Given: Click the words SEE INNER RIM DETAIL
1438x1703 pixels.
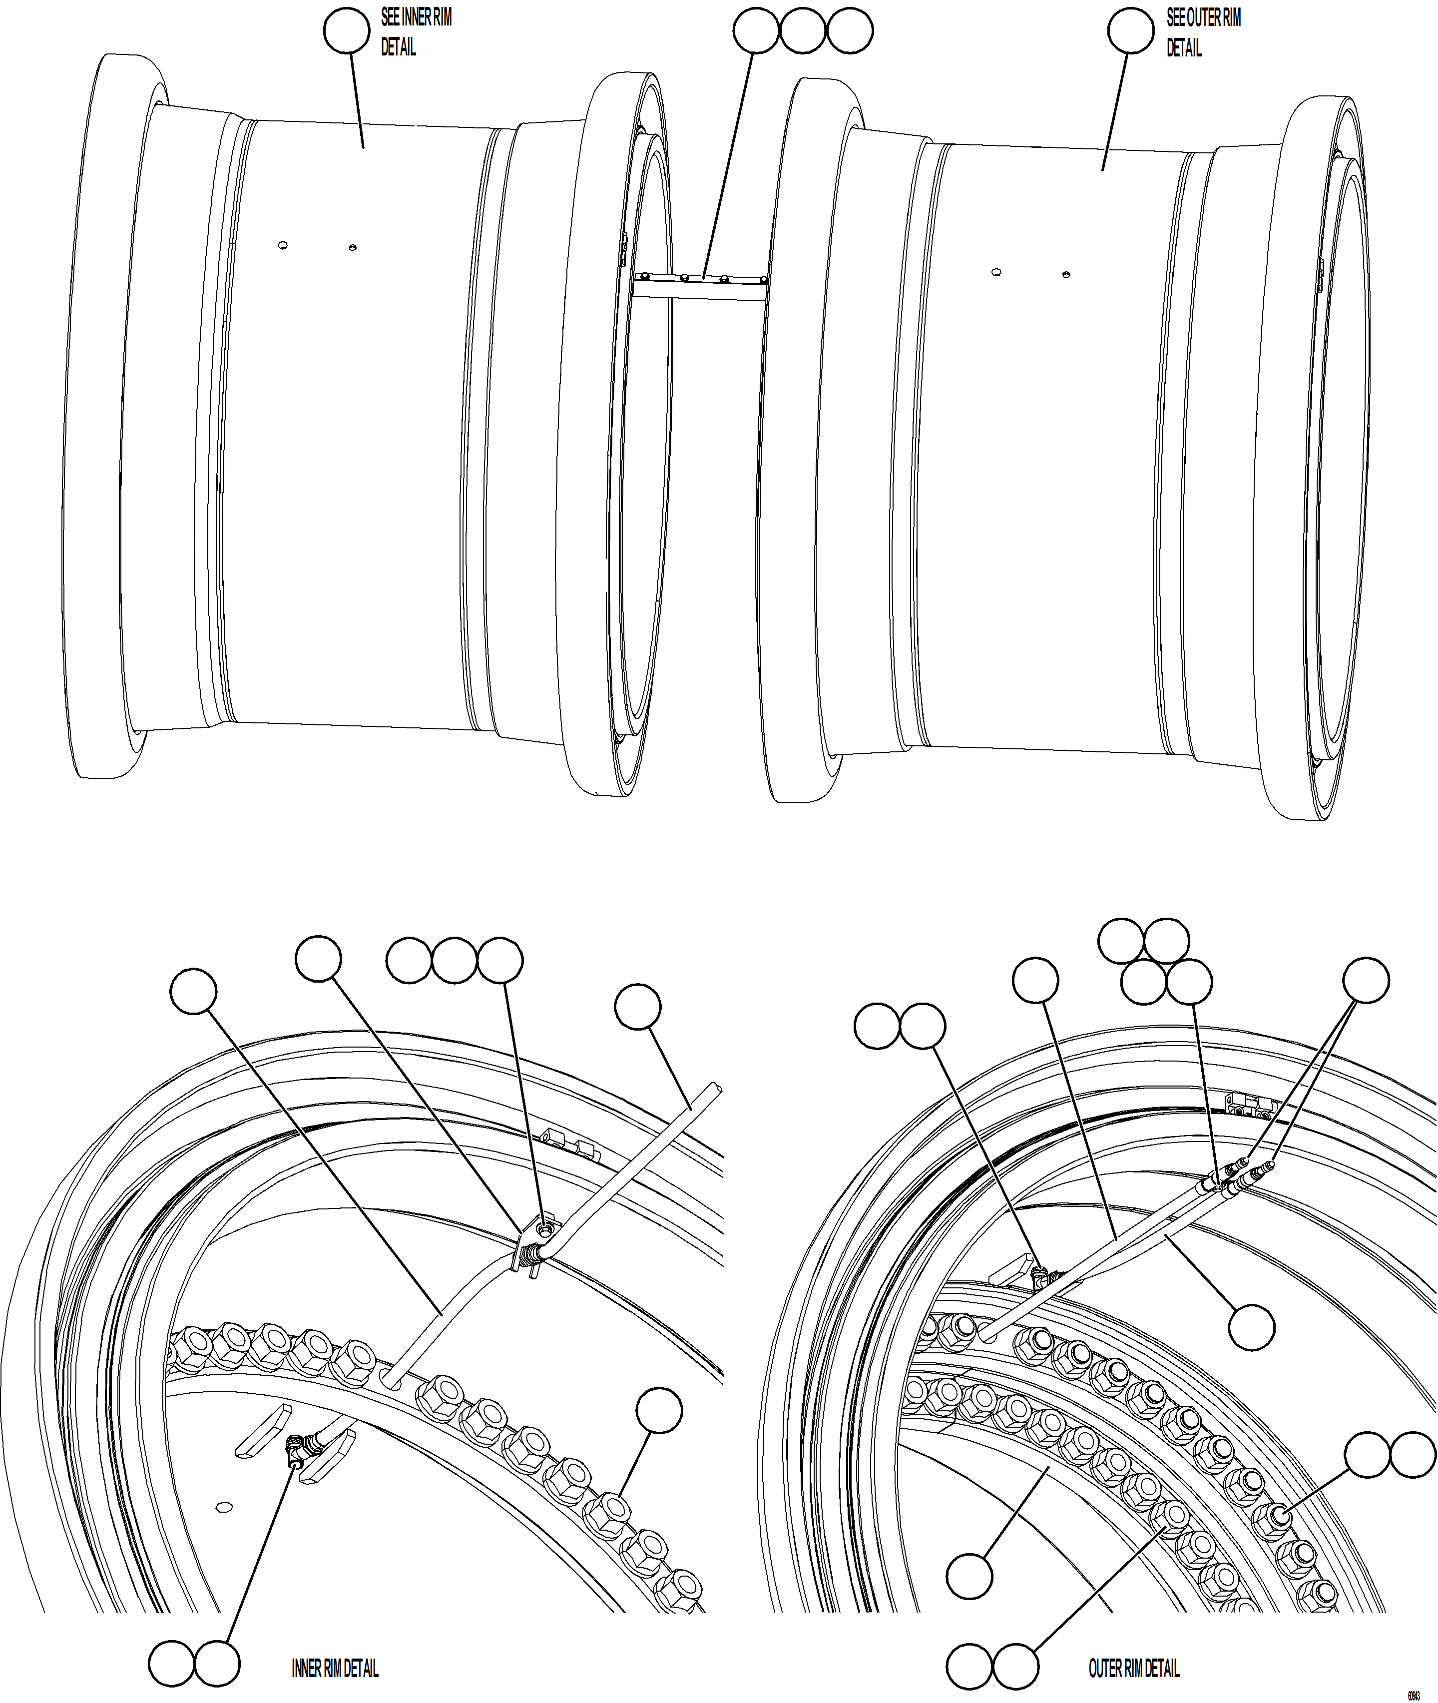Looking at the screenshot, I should pyautogui.click(x=416, y=32).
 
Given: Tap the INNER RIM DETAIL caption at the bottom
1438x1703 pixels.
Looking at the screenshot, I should pyautogui.click(x=335, y=1668).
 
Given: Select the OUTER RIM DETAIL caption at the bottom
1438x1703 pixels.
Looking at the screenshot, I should pyautogui.click(x=1134, y=1668).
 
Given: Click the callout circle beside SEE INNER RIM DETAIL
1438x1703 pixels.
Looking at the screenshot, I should pyautogui.click(x=347, y=31).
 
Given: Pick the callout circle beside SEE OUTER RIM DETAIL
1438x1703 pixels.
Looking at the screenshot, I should pyautogui.click(x=1131, y=31).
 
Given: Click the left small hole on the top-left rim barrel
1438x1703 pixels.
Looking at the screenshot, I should pyautogui.click(x=282, y=245).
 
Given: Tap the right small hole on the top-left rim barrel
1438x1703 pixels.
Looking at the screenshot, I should pyautogui.click(x=352, y=247).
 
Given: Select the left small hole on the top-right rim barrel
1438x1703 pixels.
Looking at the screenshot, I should pyautogui.click(x=996, y=272).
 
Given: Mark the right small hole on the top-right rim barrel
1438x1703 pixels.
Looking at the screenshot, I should pyautogui.click(x=1066, y=275).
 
